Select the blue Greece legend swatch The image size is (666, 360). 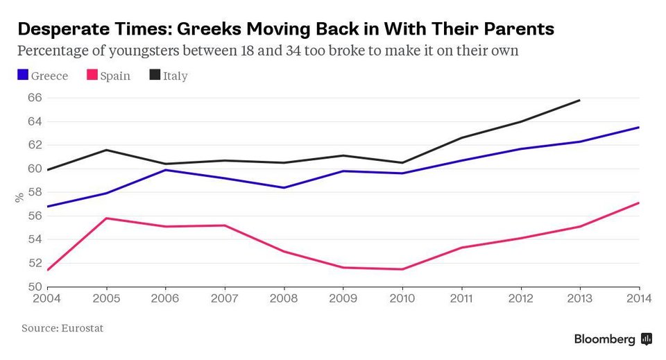tap(23, 75)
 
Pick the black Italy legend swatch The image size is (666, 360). tap(155, 75)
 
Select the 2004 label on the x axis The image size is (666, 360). tap(46, 300)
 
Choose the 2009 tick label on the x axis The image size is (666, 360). tap(343, 300)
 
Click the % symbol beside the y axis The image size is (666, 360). tap(19, 198)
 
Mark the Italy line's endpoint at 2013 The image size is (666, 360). tap(580, 100)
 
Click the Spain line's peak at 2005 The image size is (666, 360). tap(105, 218)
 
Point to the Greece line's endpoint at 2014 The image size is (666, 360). tap(639, 127)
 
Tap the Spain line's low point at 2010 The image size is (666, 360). tap(402, 269)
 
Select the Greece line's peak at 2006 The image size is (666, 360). tap(165, 170)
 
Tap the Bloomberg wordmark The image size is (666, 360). tap(604, 339)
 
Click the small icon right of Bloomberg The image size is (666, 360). tap(646, 339)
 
